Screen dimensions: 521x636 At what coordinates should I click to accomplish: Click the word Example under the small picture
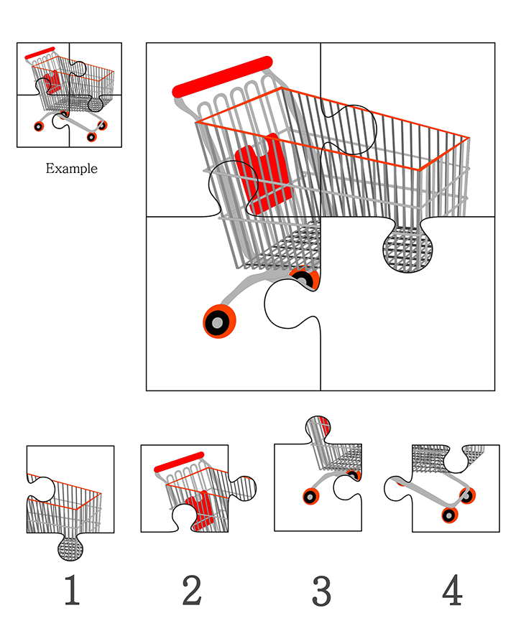71,168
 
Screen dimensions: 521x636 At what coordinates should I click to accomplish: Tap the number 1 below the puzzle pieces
72,590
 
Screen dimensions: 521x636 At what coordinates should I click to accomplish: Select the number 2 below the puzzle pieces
192,590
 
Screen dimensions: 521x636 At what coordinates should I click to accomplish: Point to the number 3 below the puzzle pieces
322,591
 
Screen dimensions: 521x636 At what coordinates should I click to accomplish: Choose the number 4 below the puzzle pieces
452,589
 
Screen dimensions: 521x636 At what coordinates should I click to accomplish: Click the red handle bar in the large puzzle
222,77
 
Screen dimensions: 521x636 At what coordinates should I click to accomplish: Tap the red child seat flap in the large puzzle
264,173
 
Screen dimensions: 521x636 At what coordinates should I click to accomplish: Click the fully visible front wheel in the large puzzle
219,322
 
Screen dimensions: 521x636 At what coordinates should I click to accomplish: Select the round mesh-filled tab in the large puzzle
407,248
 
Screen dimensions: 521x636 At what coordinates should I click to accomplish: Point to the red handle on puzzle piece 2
179,462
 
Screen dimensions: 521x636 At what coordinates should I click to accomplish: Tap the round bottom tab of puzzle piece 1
70,548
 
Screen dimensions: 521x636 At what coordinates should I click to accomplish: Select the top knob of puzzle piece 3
319,429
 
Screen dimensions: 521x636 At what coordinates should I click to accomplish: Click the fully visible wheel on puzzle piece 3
310,497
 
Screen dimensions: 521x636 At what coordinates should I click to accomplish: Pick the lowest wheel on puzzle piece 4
450,515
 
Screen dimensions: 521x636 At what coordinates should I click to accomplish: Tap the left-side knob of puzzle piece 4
398,488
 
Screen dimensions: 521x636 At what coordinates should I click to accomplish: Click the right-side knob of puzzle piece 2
243,488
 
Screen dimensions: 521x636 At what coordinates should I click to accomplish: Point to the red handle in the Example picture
40,53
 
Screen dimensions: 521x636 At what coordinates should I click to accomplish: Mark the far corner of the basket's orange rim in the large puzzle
469,139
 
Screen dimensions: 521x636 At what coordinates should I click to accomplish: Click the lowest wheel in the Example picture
92,136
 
